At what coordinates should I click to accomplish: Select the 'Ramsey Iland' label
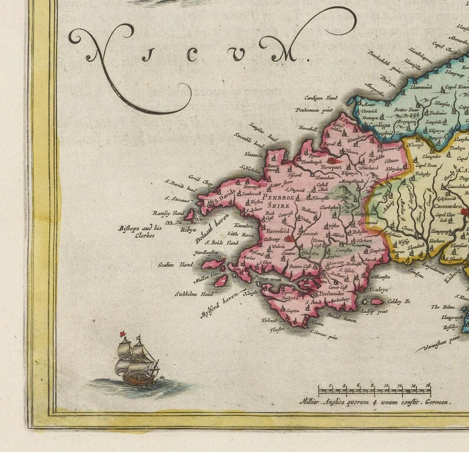click(x=169, y=214)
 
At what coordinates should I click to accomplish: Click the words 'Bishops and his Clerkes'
click(x=139, y=231)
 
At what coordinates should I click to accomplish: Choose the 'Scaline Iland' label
click(x=175, y=266)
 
